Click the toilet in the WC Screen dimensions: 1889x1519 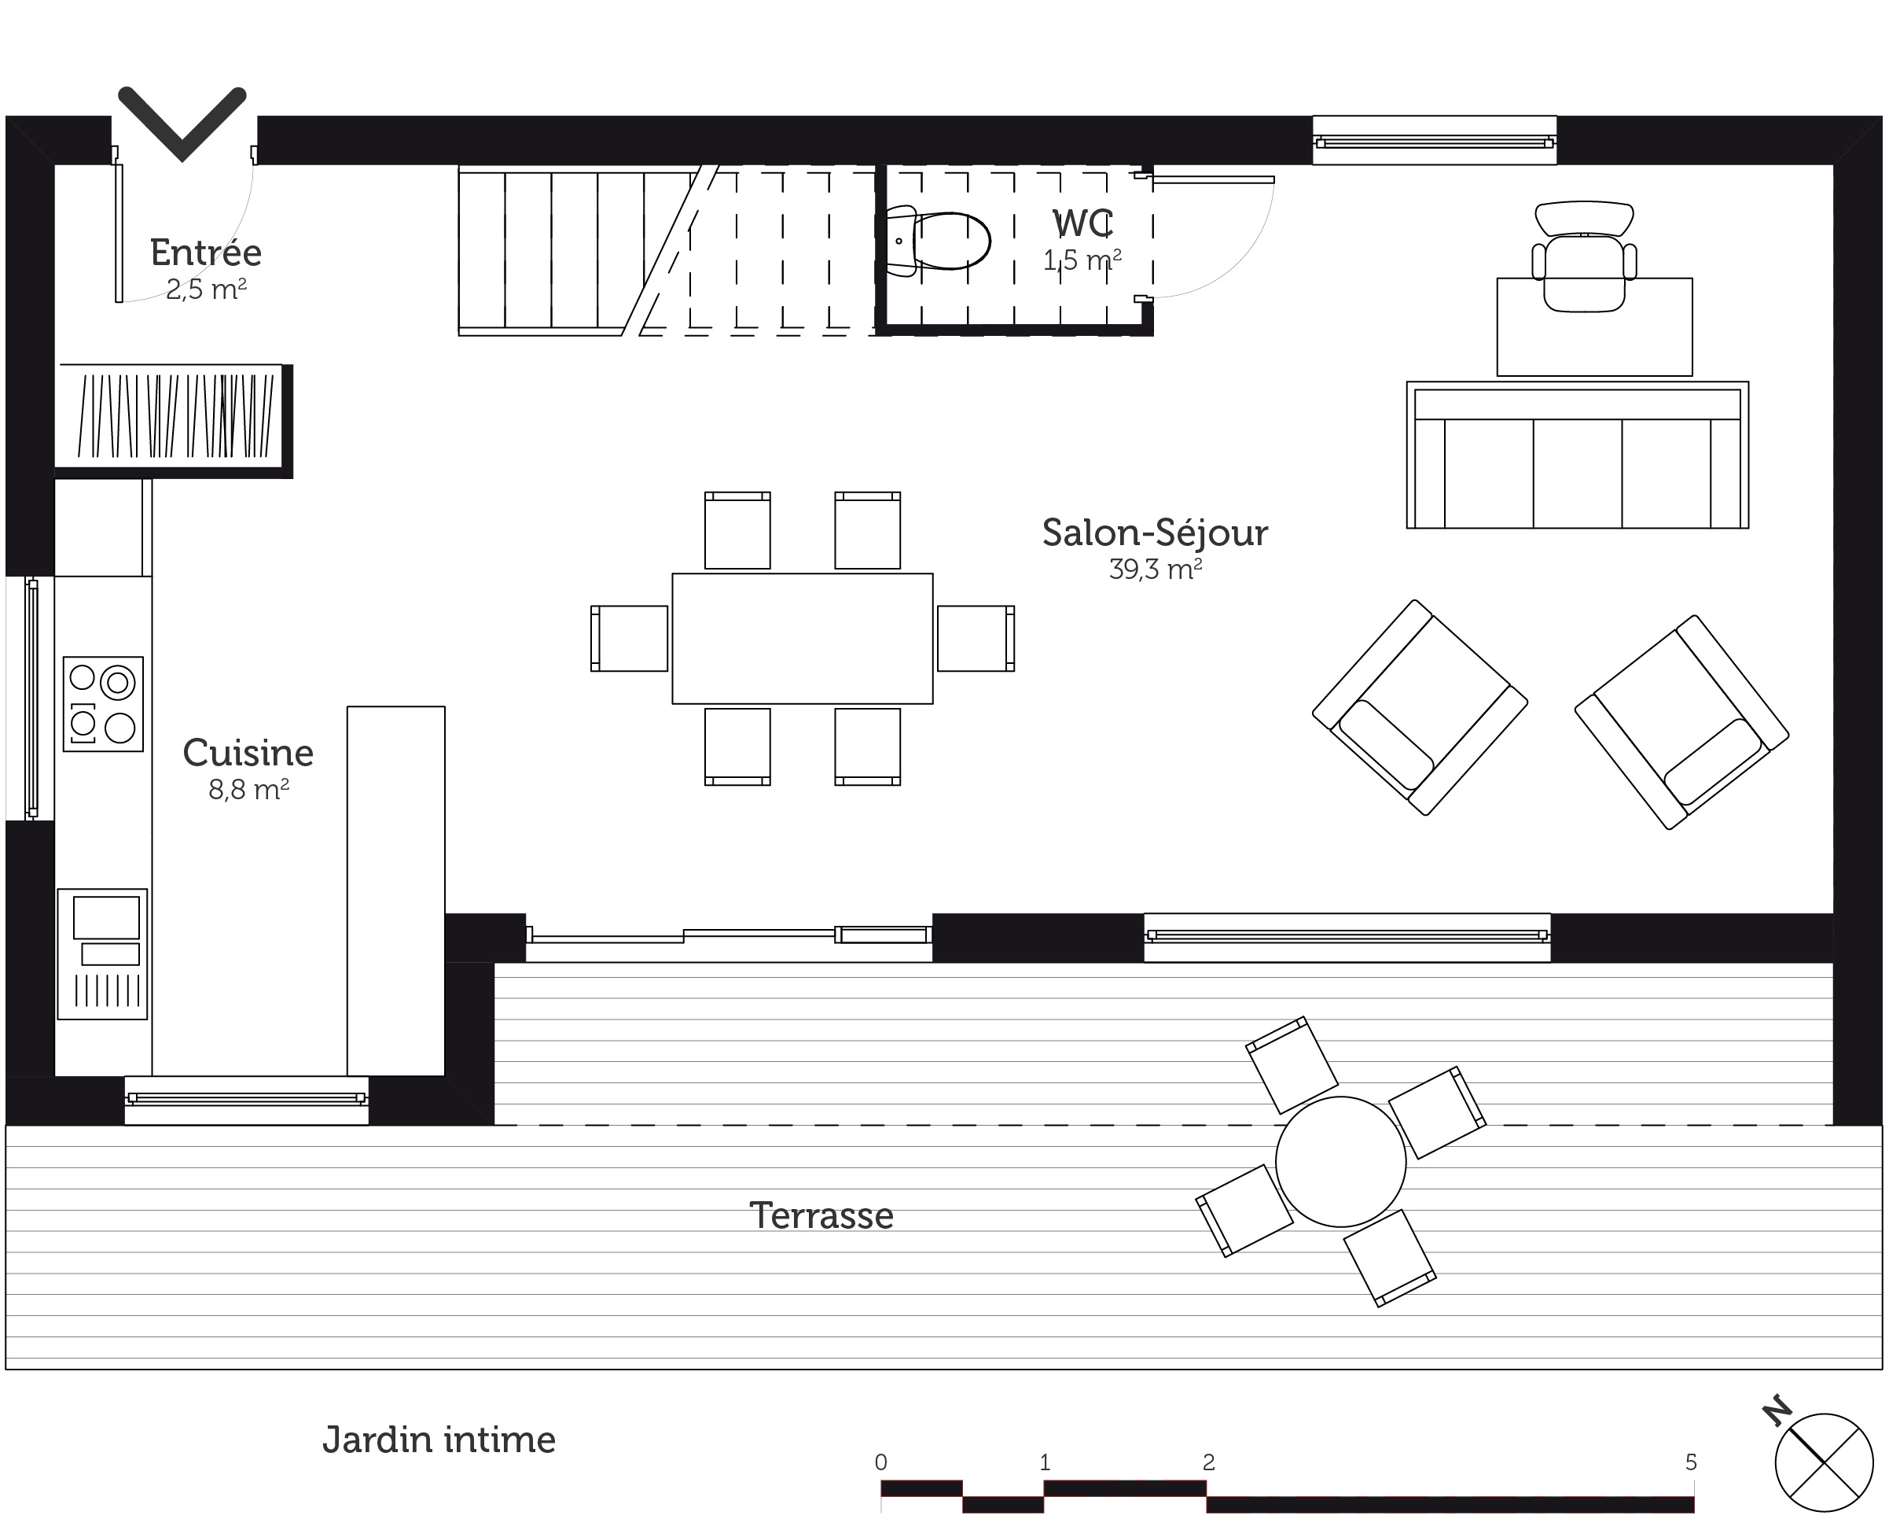(x=938, y=241)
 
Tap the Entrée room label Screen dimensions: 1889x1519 (x=206, y=253)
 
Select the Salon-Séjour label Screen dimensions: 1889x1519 (x=1155, y=533)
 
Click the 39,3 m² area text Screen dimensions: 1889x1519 (x=1155, y=570)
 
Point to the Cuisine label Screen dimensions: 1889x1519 (x=248, y=753)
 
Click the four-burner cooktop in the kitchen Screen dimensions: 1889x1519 (x=102, y=704)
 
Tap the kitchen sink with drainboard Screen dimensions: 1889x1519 (x=102, y=954)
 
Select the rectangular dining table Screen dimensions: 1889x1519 (x=803, y=639)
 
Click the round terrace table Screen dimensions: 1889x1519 (x=1340, y=1161)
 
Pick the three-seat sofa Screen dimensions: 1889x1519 (x=1577, y=455)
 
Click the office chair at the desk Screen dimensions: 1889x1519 (x=1584, y=256)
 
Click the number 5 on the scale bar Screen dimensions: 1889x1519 (x=1691, y=1462)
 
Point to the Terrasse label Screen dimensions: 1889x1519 (x=821, y=1215)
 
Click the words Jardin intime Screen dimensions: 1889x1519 (x=439, y=1440)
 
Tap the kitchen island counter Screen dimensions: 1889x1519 (x=396, y=890)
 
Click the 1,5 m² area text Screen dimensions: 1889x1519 (x=1082, y=260)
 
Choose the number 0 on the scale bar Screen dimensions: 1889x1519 (x=880, y=1462)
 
